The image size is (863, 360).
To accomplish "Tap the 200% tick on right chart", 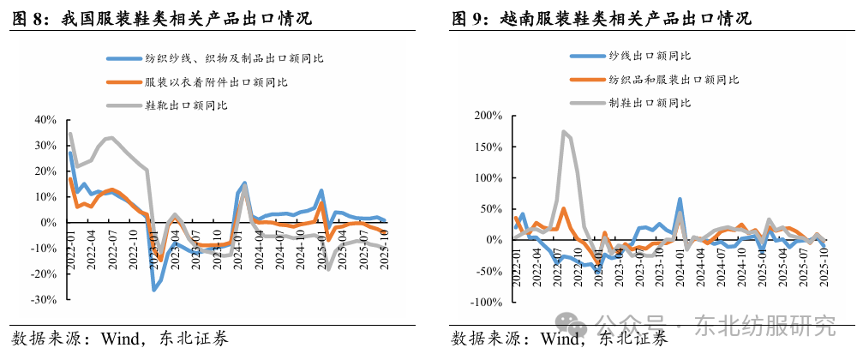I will (488, 115).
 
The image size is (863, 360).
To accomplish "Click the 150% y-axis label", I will (488, 147).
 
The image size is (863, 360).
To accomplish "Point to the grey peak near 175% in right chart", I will (563, 132).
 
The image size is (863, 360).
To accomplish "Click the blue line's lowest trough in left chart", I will (154, 290).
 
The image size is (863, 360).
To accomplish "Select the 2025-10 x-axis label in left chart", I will (384, 249).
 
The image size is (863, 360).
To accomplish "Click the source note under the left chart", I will (120, 338).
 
